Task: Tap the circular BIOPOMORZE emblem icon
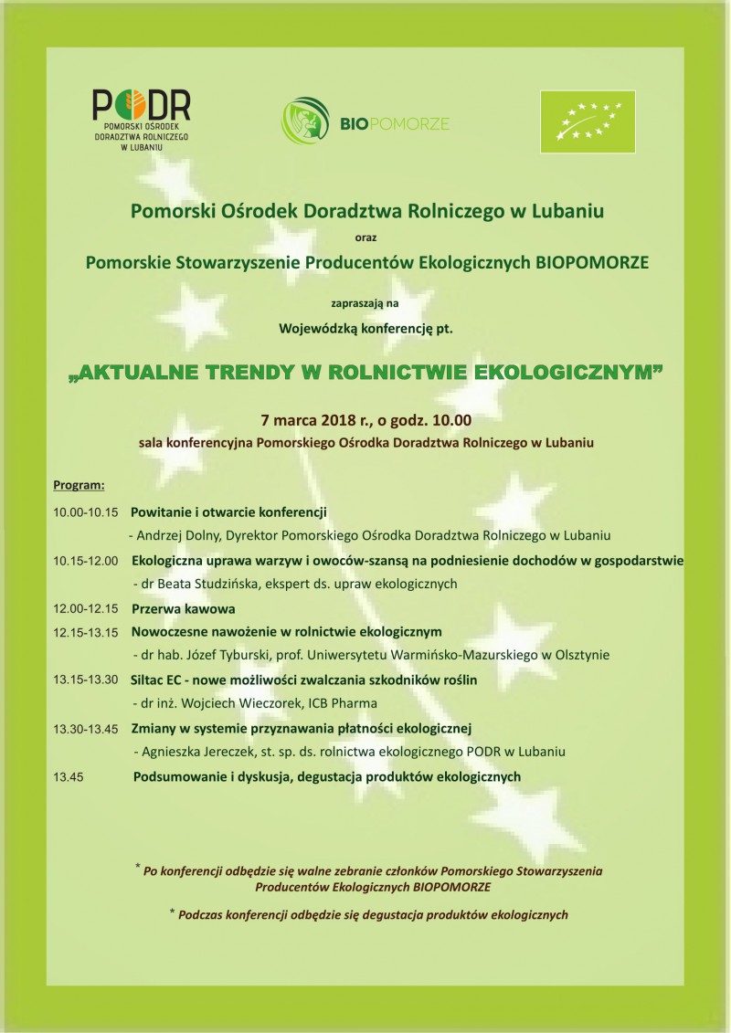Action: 304,121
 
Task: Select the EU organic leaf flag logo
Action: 587,121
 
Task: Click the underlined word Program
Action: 79,483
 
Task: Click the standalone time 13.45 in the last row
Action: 69,776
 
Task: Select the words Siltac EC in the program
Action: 162,680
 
